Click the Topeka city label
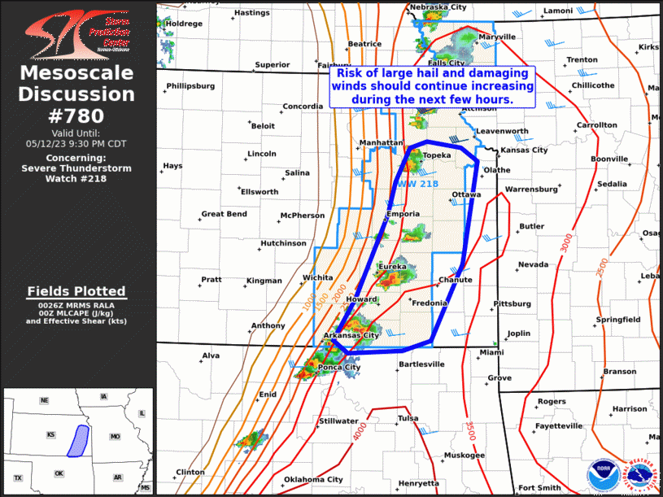coord(436,155)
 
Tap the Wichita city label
coord(317,277)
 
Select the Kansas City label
coord(525,150)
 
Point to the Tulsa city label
coord(408,418)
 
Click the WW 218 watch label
coord(418,184)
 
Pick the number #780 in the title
coord(77,116)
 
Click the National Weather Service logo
coord(639,473)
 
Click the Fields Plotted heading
coord(76,291)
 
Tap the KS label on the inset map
coord(50,435)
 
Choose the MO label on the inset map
coord(116,437)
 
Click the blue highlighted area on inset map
coord(79,439)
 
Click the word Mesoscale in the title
coord(76,73)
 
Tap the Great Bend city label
coord(224,215)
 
